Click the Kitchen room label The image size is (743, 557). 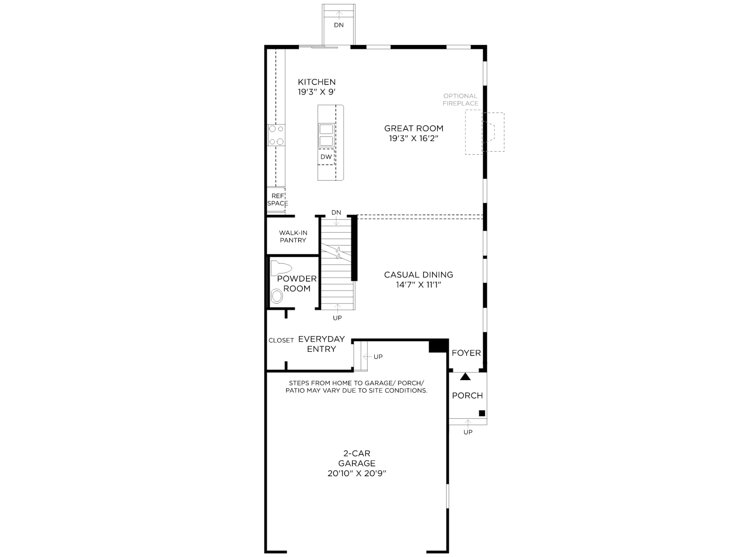click(317, 82)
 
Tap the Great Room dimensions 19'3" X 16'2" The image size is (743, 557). click(413, 138)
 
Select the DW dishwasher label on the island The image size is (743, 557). click(326, 157)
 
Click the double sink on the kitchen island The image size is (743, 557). click(326, 135)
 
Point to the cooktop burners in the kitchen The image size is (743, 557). click(276, 135)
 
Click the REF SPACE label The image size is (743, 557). click(278, 200)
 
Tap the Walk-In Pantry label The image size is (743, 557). click(293, 236)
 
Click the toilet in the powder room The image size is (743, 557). click(280, 268)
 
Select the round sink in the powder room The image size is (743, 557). click(277, 297)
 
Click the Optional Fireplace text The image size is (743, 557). click(460, 100)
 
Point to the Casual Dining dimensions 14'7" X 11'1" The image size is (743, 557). click(418, 285)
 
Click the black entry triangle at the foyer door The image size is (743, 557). click(465, 376)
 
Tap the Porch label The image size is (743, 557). click(467, 395)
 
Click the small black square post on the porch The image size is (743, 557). click(482, 413)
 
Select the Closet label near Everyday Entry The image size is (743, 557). click(281, 341)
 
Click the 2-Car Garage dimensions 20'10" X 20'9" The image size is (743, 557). click(357, 473)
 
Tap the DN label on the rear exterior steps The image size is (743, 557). click(339, 25)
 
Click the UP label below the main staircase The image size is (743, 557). click(337, 318)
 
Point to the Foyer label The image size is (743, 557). click(466, 353)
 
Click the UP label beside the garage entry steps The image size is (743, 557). click(378, 357)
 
